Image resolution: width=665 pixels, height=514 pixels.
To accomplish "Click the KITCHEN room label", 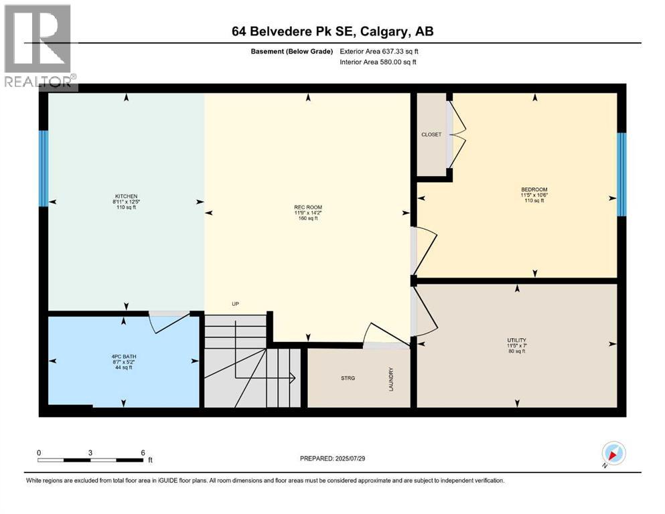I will (x=126, y=196).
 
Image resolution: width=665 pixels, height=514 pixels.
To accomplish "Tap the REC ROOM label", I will (x=308, y=207).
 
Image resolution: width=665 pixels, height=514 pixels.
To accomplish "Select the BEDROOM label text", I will (x=534, y=189).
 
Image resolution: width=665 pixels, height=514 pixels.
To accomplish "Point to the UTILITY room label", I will (x=516, y=340).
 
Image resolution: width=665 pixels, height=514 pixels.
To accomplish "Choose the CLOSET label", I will (x=431, y=135).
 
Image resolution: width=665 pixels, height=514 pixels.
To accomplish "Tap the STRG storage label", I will (x=347, y=378).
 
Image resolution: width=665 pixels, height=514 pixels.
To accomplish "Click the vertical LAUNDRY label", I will (x=390, y=379).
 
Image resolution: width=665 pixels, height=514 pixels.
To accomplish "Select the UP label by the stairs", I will (x=235, y=304).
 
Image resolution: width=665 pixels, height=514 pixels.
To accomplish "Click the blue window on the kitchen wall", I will (x=44, y=168).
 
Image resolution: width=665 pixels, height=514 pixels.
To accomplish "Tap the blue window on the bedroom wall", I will (x=621, y=174).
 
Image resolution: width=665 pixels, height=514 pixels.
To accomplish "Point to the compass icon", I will (x=613, y=454).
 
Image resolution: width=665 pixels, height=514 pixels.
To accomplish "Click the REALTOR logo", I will (x=39, y=47).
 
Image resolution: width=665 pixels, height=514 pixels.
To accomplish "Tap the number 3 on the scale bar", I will (x=90, y=452).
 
